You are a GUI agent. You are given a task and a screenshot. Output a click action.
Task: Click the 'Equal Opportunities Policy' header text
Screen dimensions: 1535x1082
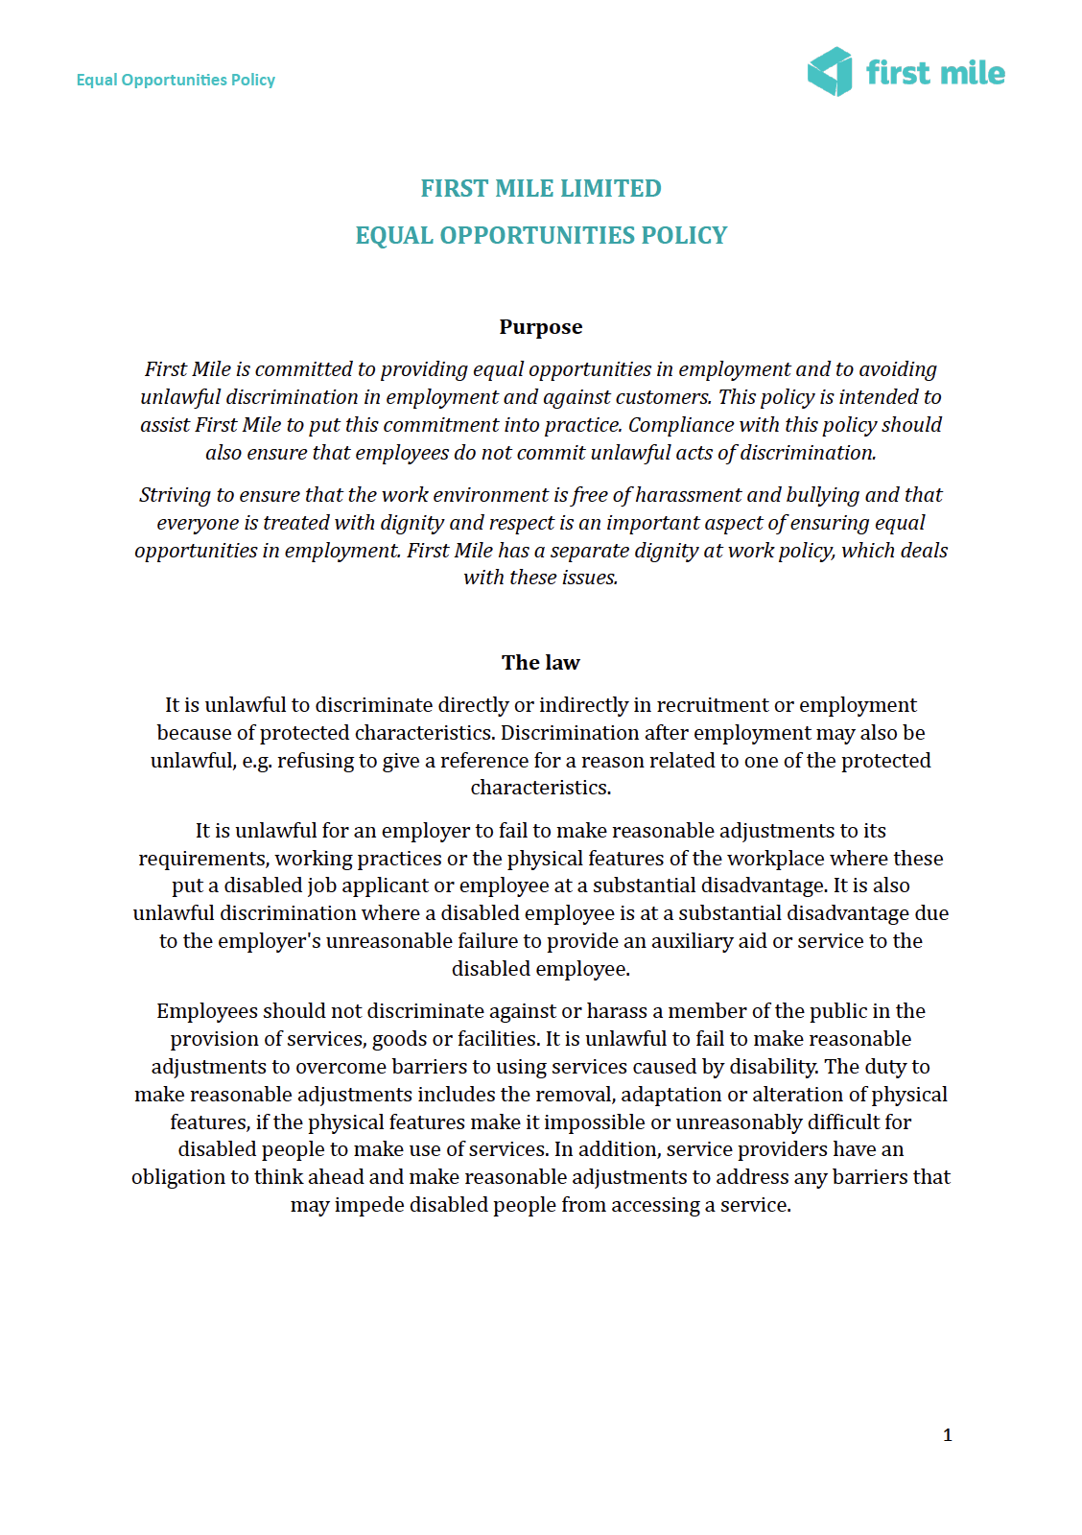pyautogui.click(x=176, y=80)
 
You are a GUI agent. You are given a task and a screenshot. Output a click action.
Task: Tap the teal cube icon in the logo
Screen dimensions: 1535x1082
pyautogui.click(x=830, y=72)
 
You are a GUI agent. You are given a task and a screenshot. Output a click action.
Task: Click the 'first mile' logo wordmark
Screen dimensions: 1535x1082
pyautogui.click(x=935, y=73)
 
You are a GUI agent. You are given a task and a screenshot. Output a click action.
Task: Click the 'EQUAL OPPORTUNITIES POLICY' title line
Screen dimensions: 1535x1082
pyautogui.click(x=541, y=235)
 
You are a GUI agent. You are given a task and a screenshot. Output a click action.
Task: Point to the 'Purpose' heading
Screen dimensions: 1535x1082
pyautogui.click(x=541, y=327)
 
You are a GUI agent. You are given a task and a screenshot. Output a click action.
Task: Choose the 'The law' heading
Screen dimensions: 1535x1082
pyautogui.click(x=541, y=663)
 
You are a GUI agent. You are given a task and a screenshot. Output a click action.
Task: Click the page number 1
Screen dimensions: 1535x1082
pyautogui.click(x=948, y=1435)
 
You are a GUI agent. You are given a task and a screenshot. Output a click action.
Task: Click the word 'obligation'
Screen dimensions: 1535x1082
pyautogui.click(x=178, y=1177)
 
